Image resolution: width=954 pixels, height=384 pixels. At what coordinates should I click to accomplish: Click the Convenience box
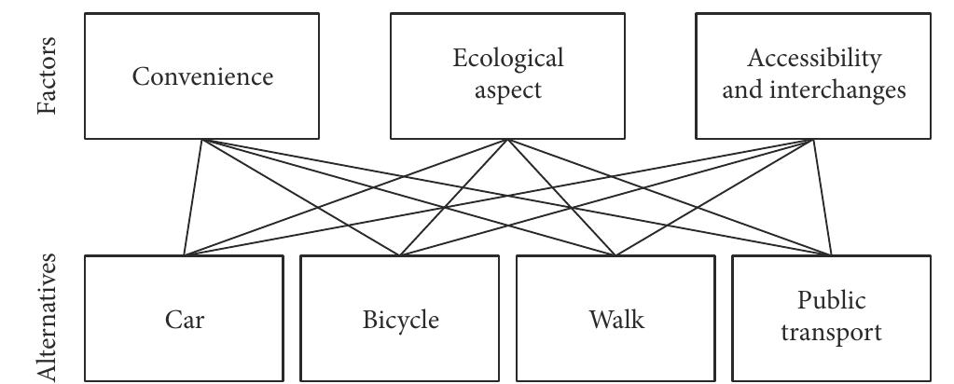point(201,76)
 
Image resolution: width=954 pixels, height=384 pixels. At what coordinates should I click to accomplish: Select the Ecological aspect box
point(507,76)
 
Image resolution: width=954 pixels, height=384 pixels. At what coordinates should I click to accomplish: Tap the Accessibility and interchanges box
point(813,76)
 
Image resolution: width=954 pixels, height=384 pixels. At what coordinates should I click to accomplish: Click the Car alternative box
point(184,319)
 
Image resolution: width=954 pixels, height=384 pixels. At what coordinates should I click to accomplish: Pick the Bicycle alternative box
point(399,319)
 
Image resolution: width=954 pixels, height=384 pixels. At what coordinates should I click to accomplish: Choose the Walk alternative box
point(615,319)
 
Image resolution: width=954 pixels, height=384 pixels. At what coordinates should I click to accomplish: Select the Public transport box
point(831,319)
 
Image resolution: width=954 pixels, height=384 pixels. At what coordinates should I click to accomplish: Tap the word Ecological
point(508,59)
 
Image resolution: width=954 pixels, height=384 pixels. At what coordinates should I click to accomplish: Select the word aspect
point(508,91)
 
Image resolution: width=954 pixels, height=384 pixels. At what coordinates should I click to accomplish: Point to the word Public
point(831,301)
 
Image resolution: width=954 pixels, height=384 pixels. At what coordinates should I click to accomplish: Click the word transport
point(831,333)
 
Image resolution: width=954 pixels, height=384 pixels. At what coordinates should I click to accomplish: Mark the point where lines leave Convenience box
point(201,140)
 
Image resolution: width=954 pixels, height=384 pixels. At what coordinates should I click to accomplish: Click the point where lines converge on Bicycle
point(399,255)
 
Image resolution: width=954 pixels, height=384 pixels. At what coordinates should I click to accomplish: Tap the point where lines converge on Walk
point(615,255)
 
